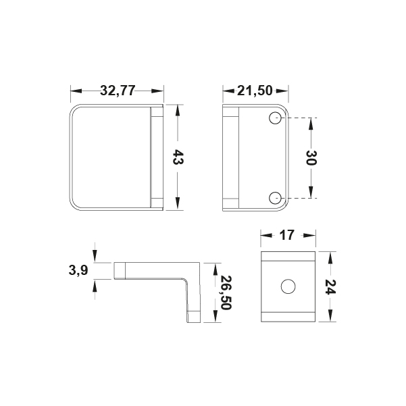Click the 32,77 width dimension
tap(118, 91)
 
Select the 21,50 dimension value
tap(255, 91)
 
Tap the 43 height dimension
tap(178, 157)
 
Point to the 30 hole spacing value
tap(311, 157)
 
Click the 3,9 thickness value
tap(78, 271)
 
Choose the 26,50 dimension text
tap(225, 293)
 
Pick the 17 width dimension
tap(287, 235)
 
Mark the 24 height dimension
tap(330, 287)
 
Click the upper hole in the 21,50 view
tap(275, 118)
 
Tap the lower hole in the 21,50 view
tap(275, 199)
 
